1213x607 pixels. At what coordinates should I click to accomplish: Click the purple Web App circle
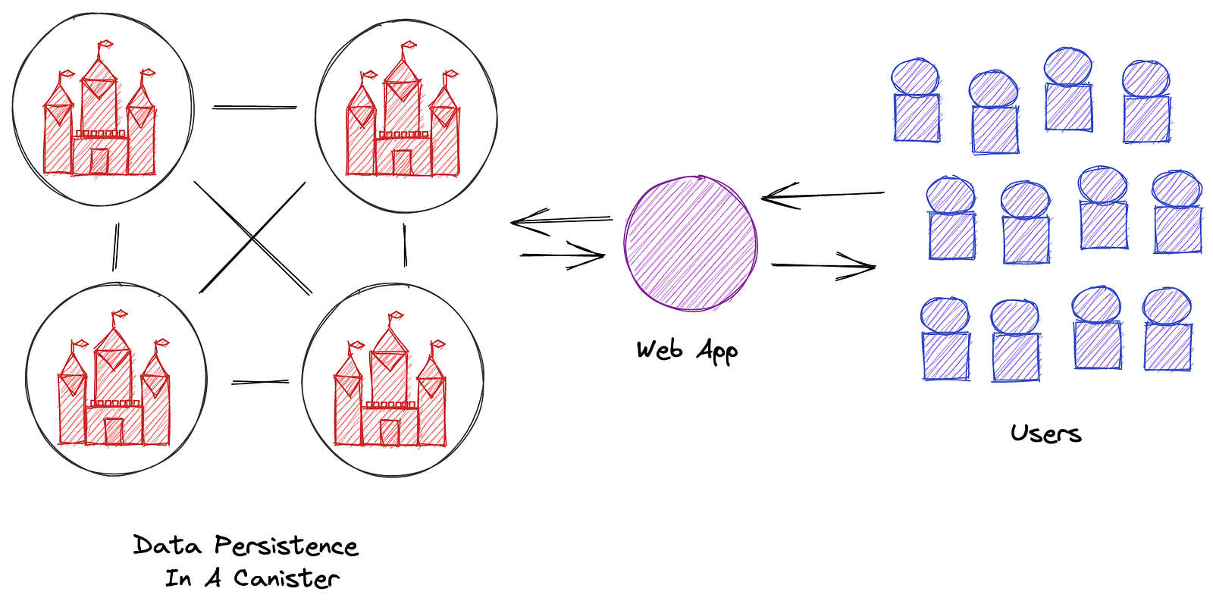[x=691, y=243]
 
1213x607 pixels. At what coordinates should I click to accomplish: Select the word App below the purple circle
[x=717, y=352]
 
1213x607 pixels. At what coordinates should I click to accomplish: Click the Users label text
[x=1045, y=433]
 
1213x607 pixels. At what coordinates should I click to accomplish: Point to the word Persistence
[x=286, y=546]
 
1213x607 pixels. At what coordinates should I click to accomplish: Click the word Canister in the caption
[x=286, y=579]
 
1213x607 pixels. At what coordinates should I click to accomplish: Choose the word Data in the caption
[x=168, y=546]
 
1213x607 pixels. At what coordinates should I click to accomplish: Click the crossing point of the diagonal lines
[x=252, y=238]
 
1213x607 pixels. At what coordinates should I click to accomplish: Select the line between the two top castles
[x=254, y=108]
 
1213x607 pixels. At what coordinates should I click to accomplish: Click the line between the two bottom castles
[x=260, y=382]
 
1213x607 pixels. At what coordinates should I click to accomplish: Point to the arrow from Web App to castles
[x=561, y=221]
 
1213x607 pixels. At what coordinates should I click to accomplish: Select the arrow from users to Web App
[x=822, y=196]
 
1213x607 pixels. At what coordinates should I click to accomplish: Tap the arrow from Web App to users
[x=823, y=265]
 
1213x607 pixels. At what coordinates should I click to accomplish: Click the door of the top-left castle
[x=99, y=161]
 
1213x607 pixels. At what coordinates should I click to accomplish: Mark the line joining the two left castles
[x=115, y=246]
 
